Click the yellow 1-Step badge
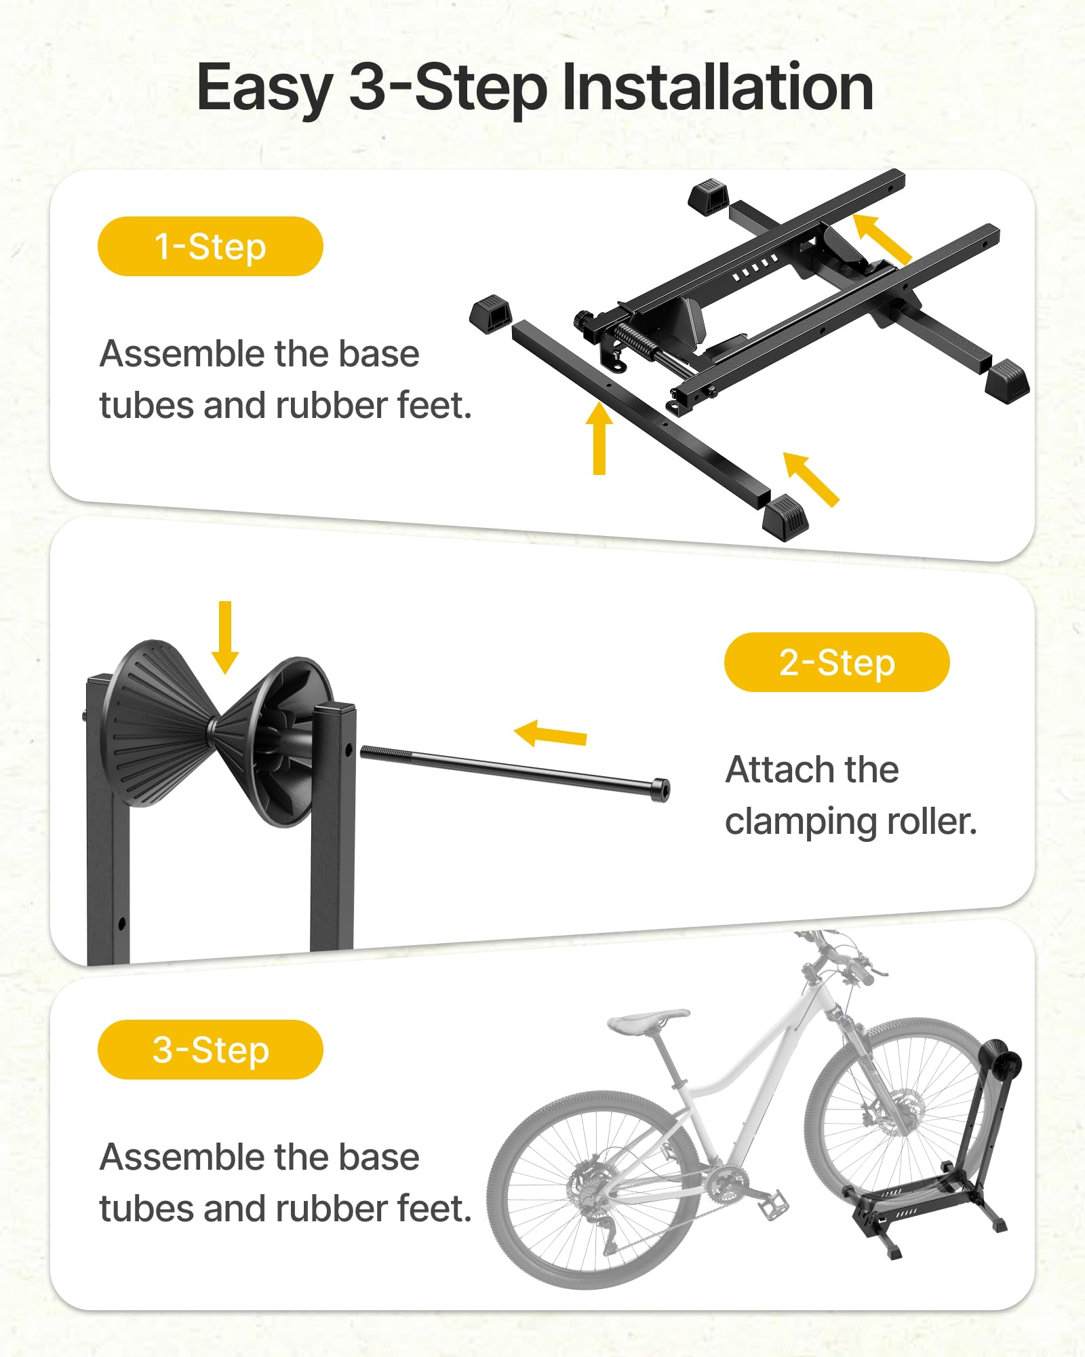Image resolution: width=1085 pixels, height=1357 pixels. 210,246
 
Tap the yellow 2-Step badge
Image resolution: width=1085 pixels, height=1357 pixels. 836,662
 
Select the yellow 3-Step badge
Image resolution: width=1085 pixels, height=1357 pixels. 210,1050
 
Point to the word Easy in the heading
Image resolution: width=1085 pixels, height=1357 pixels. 264,88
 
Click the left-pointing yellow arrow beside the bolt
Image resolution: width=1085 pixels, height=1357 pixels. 550,734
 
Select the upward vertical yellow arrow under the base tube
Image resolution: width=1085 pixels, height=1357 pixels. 599,438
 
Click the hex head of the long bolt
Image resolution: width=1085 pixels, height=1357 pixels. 660,789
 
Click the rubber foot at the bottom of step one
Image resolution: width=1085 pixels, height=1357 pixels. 785,517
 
